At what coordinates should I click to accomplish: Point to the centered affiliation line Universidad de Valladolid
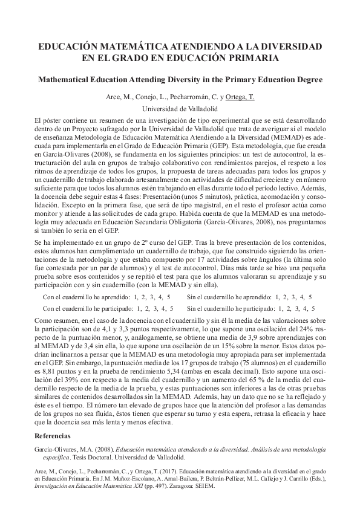[x=180, y=109]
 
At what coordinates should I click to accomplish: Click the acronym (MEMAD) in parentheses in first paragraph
[x=286, y=137]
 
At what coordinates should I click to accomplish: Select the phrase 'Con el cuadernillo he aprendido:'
[x=87, y=297]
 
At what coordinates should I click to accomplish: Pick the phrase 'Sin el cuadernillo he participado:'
[x=231, y=308]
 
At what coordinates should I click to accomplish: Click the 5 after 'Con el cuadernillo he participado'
[x=169, y=308]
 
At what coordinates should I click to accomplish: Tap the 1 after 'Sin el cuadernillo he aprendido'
[x=278, y=297]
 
